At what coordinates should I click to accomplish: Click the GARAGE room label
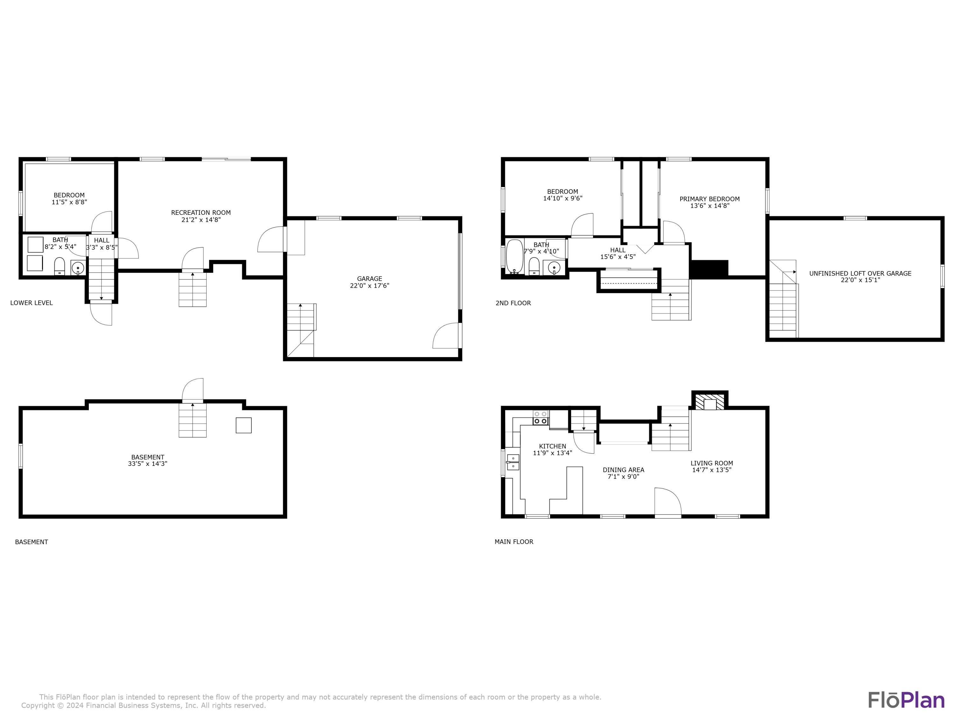370,279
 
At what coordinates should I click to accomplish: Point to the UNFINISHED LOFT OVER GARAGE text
860,273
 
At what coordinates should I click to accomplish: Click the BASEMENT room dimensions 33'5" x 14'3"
148,464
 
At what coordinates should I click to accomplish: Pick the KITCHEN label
553,446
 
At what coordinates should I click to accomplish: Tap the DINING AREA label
623,470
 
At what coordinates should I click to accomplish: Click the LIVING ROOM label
711,463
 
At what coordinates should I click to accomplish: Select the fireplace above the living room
710,401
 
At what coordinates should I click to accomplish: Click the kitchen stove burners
541,417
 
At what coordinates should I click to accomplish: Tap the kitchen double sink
513,462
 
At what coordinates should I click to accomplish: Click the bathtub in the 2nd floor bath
515,257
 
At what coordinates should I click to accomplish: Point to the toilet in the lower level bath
59,266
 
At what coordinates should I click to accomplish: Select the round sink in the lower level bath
78,268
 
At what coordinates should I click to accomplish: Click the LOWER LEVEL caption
32,303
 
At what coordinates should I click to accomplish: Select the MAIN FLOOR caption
514,542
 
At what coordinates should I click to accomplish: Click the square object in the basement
244,425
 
